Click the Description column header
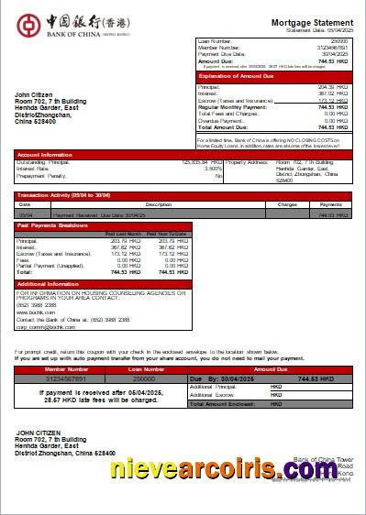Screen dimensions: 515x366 pyautogui.click(x=159, y=204)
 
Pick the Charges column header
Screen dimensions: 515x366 pyautogui.click(x=287, y=204)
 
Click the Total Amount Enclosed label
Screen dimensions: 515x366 pyautogui.click(x=224, y=403)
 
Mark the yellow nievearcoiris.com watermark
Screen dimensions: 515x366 pyautogui.click(x=237, y=470)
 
